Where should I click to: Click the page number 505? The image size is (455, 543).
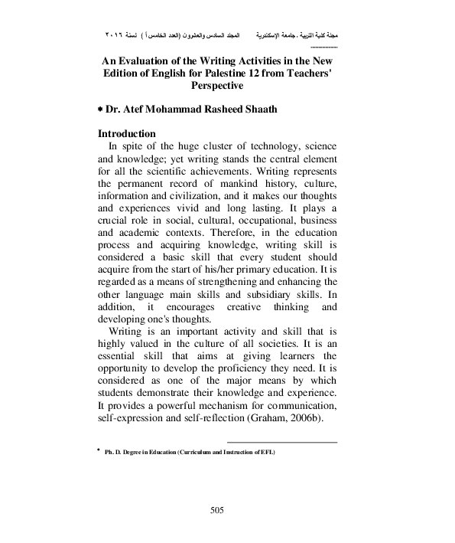pyautogui.click(x=227, y=510)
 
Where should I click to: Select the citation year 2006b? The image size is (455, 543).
pyautogui.click(x=316, y=420)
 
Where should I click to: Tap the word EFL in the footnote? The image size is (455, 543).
pyautogui.click(x=267, y=453)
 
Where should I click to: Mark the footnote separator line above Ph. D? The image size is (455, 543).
pyautogui.click(x=282, y=443)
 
